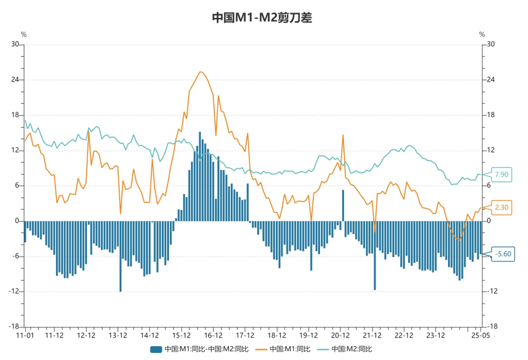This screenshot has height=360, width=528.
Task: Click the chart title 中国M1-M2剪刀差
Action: pos(262,17)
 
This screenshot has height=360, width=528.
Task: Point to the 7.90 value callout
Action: pos(501,174)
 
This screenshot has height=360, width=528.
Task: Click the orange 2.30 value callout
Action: pos(501,207)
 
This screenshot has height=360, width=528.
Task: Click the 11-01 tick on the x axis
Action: pos(25,335)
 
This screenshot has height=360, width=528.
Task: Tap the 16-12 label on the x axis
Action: pos(213,335)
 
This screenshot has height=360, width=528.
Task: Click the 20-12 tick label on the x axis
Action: pos(340,335)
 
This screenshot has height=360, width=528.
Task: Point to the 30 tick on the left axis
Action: pos(15,44)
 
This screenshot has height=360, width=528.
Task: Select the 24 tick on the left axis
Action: pos(15,80)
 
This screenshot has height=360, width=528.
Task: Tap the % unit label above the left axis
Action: pos(23,34)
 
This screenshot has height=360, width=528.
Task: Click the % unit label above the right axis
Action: pos(482,34)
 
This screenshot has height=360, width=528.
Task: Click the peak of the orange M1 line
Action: pos(200,72)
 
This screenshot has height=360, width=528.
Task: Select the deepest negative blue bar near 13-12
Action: pos(120,256)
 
